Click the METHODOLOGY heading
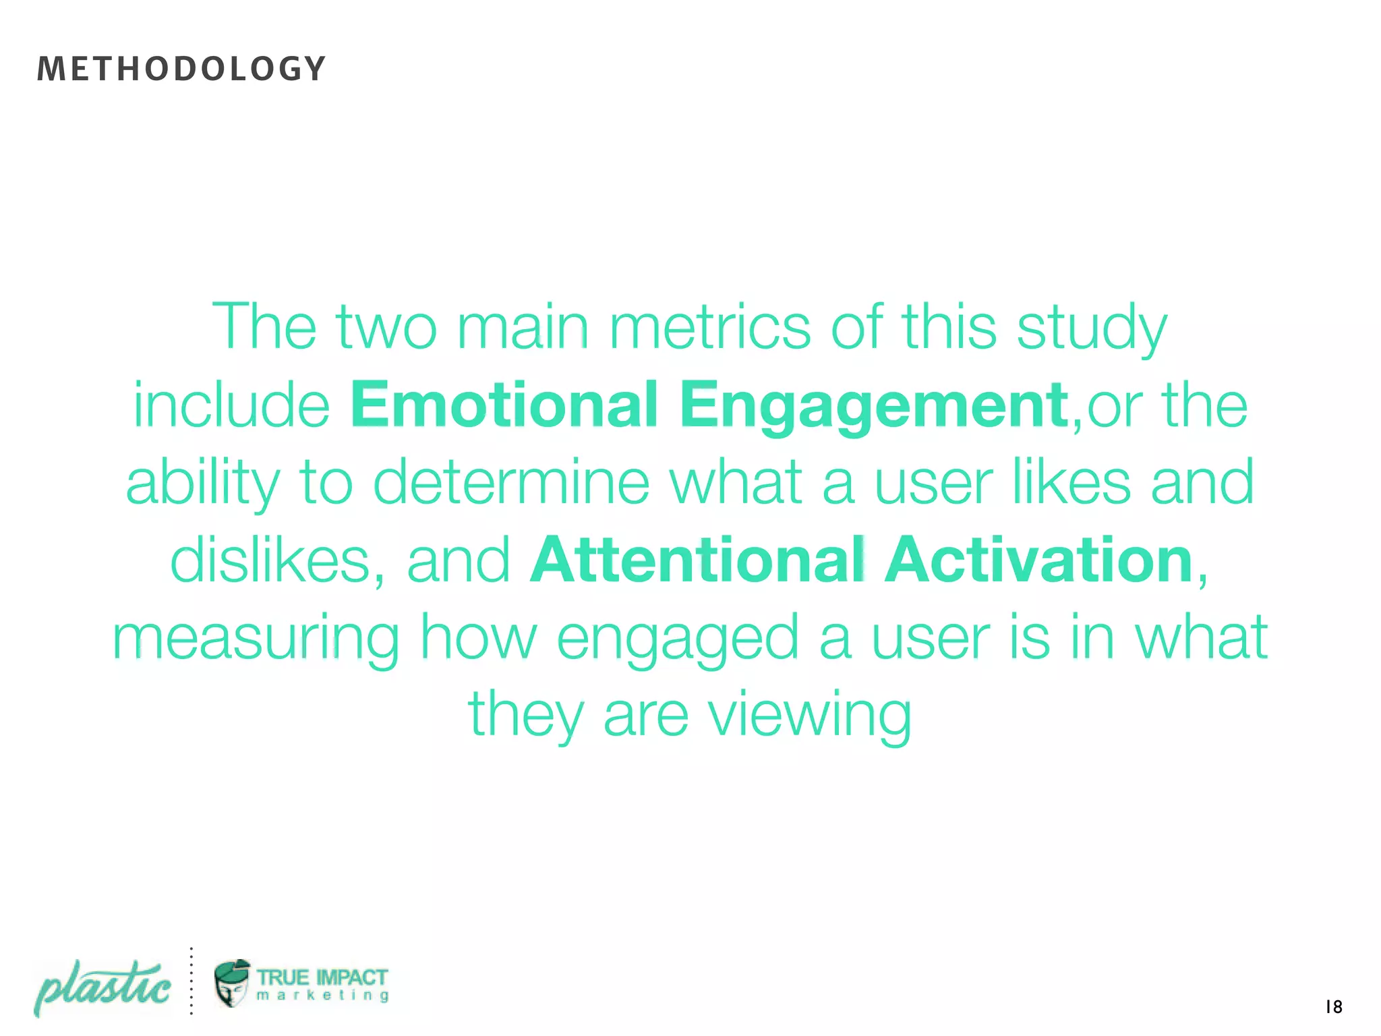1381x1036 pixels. coord(181,69)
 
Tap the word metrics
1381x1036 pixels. coord(710,328)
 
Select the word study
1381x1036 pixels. coord(1092,328)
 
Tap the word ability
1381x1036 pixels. coord(203,483)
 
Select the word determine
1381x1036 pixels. coord(511,483)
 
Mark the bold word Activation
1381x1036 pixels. coord(1039,560)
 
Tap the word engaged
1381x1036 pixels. coord(678,639)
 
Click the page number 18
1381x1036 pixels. coord(1333,1007)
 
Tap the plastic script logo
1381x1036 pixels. coord(102,988)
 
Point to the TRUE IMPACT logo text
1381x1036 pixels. coord(322,977)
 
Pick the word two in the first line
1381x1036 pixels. coord(387,328)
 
